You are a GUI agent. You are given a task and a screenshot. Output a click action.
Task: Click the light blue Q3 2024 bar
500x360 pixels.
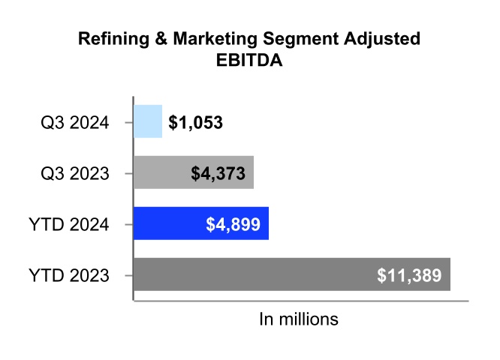pos(148,121)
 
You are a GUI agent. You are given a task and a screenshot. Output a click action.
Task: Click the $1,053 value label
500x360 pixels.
pos(196,122)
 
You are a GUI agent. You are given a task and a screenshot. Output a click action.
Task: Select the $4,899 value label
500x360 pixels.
pos(233,224)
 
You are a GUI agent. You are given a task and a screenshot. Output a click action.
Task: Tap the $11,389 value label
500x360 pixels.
pos(410,275)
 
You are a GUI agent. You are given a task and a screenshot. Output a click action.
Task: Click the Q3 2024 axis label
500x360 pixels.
pos(76,122)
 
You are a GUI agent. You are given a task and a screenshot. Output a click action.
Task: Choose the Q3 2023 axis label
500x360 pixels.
pos(76,173)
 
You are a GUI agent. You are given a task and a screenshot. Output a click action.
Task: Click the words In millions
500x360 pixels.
pos(299,319)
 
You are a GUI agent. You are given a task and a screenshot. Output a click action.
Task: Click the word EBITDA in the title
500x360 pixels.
pos(249,62)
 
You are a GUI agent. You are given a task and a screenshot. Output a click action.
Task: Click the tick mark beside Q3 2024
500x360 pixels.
pos(128,121)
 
